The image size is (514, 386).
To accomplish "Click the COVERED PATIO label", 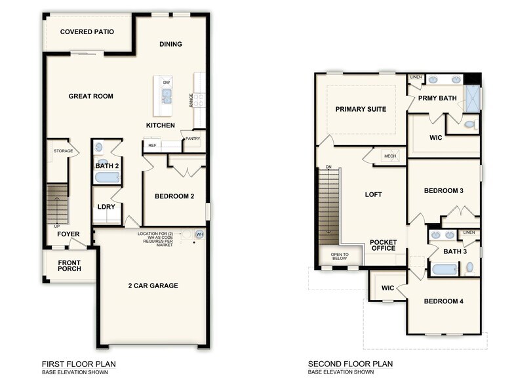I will pyautogui.click(x=87, y=32).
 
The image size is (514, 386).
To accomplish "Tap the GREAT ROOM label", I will pyautogui.click(x=91, y=96).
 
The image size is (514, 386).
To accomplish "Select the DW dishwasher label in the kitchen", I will pyautogui.click(x=167, y=83).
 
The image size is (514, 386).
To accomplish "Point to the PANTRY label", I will pyautogui.click(x=192, y=139).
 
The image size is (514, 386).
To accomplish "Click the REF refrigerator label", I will pyautogui.click(x=152, y=145).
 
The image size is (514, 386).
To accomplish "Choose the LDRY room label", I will pyautogui.click(x=106, y=207).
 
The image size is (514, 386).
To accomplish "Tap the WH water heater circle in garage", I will pyautogui.click(x=199, y=234).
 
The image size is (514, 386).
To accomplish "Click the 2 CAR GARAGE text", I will pyautogui.click(x=153, y=286).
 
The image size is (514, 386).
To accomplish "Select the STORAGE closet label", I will pyautogui.click(x=64, y=151).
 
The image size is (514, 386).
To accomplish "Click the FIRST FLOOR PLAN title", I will pyautogui.click(x=79, y=364).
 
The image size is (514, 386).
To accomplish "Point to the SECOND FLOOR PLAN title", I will pyautogui.click(x=350, y=364).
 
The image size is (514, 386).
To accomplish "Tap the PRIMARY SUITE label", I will pyautogui.click(x=361, y=109).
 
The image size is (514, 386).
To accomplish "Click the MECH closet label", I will pyautogui.click(x=389, y=156).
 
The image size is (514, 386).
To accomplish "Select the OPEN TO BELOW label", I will pyautogui.click(x=340, y=257).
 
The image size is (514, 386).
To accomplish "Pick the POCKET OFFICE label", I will pyautogui.click(x=383, y=246).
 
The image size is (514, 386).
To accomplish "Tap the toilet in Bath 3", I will pyautogui.click(x=469, y=267).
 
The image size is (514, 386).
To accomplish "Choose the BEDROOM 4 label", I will pyautogui.click(x=443, y=301).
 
